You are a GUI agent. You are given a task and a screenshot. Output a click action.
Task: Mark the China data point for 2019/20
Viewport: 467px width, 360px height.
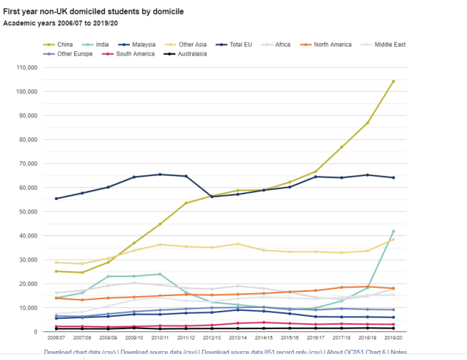[393, 81]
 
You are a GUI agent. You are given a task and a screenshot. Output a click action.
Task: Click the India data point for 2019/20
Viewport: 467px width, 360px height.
[393, 231]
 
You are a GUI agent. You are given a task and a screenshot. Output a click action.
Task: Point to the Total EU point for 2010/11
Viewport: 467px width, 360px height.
[160, 175]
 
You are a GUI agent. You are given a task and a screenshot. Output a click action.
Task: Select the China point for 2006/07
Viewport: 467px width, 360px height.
[56, 271]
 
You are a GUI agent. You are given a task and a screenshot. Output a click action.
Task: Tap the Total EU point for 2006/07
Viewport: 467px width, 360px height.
[56, 199]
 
